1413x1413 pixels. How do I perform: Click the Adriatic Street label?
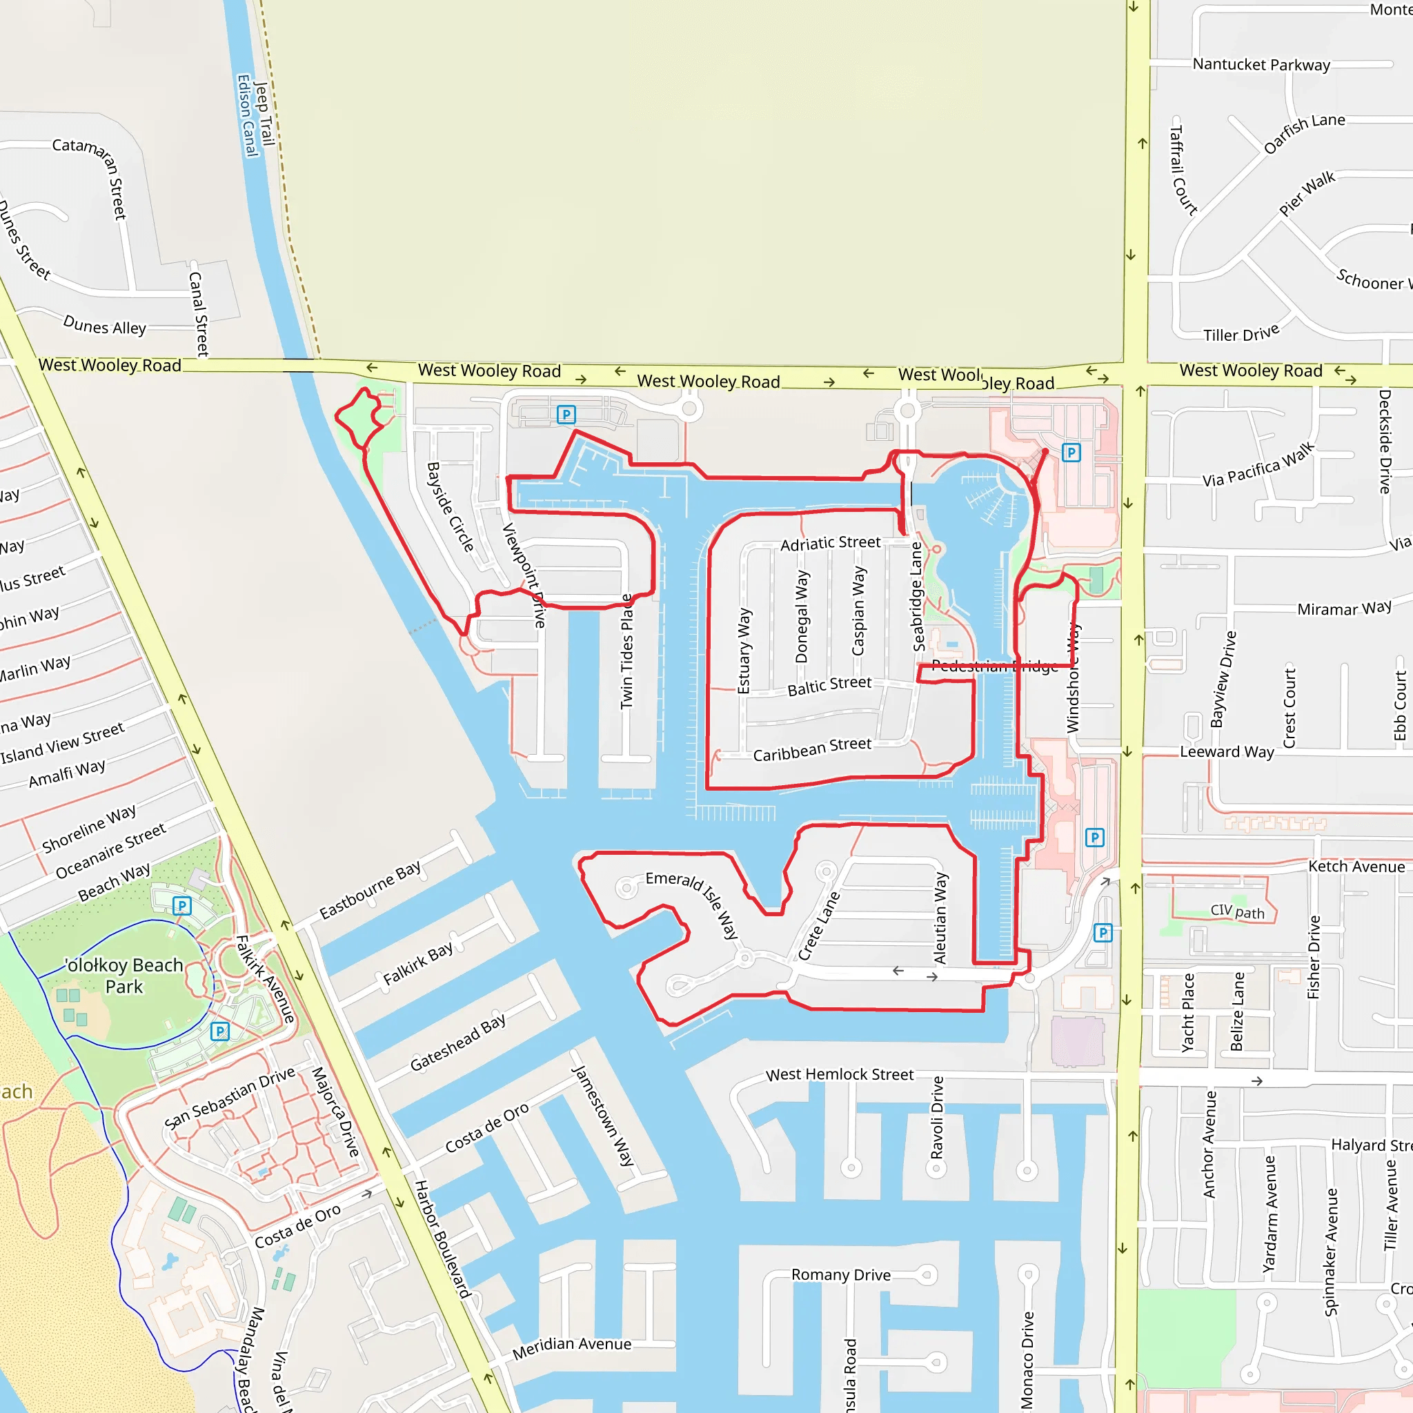point(830,544)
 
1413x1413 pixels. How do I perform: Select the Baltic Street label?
point(829,685)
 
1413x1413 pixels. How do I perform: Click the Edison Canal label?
point(247,115)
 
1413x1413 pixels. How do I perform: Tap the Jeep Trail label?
point(265,113)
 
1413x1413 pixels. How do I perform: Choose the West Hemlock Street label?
point(840,1074)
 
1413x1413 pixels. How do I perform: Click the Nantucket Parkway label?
point(1261,64)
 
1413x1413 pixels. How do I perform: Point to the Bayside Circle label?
point(451,506)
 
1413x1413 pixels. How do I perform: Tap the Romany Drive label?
point(841,1275)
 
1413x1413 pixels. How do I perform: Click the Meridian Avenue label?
point(571,1347)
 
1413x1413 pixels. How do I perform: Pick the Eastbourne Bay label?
point(370,889)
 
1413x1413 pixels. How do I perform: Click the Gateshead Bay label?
point(458,1043)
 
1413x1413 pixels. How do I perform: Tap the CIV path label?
point(1237,911)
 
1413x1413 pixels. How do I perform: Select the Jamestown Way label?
point(602,1116)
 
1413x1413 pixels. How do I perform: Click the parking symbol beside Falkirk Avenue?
point(219,1031)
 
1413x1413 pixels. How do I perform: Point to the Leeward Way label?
point(1227,751)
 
